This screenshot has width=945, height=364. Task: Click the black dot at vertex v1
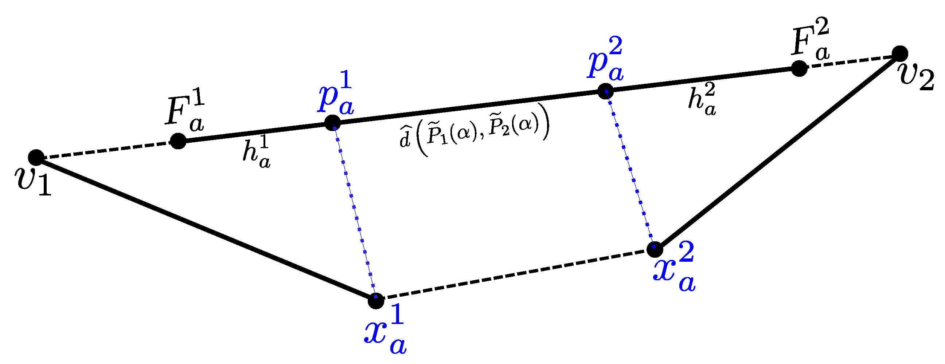pyautogui.click(x=36, y=158)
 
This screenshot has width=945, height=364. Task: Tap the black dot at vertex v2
pyautogui.click(x=900, y=54)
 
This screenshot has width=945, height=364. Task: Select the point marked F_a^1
pyautogui.click(x=178, y=141)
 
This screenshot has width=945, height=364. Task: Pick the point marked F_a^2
pyautogui.click(x=799, y=68)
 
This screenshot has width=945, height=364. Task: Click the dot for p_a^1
pyautogui.click(x=333, y=123)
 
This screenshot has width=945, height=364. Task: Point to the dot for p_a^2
pyautogui.click(x=605, y=91)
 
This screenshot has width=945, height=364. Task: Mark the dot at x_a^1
pyautogui.click(x=376, y=301)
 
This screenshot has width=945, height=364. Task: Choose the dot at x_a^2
pyautogui.click(x=655, y=250)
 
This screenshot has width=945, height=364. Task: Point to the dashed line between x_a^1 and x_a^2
pyautogui.click(x=513, y=275)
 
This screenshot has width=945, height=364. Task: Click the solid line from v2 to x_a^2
pyautogui.click(x=778, y=151)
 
